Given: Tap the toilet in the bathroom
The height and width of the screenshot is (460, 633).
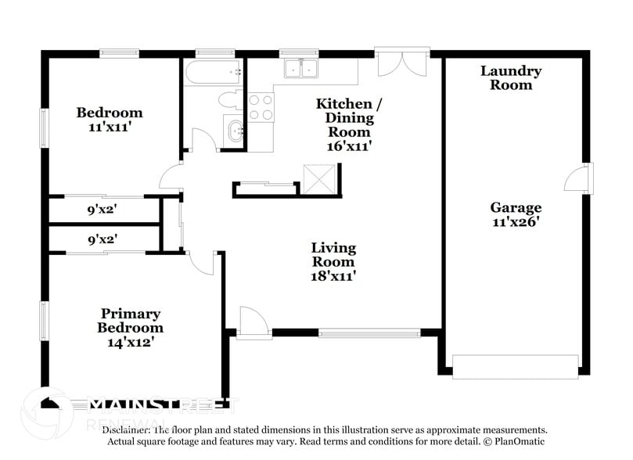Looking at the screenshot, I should pyautogui.click(x=231, y=99).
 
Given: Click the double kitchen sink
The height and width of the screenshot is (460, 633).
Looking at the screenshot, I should pyautogui.click(x=301, y=69).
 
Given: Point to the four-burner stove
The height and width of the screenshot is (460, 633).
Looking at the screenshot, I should pyautogui.click(x=261, y=106).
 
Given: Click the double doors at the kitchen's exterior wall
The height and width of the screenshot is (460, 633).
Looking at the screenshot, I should pyautogui.click(x=402, y=63).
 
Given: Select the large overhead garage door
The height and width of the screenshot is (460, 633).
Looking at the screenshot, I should pyautogui.click(x=515, y=365).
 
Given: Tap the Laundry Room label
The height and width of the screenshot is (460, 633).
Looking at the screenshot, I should pyautogui.click(x=510, y=77).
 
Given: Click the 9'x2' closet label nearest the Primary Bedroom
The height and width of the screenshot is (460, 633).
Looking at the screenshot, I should pyautogui.click(x=103, y=239).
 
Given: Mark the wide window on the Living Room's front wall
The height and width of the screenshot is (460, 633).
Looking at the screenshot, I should pyautogui.click(x=369, y=332).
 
